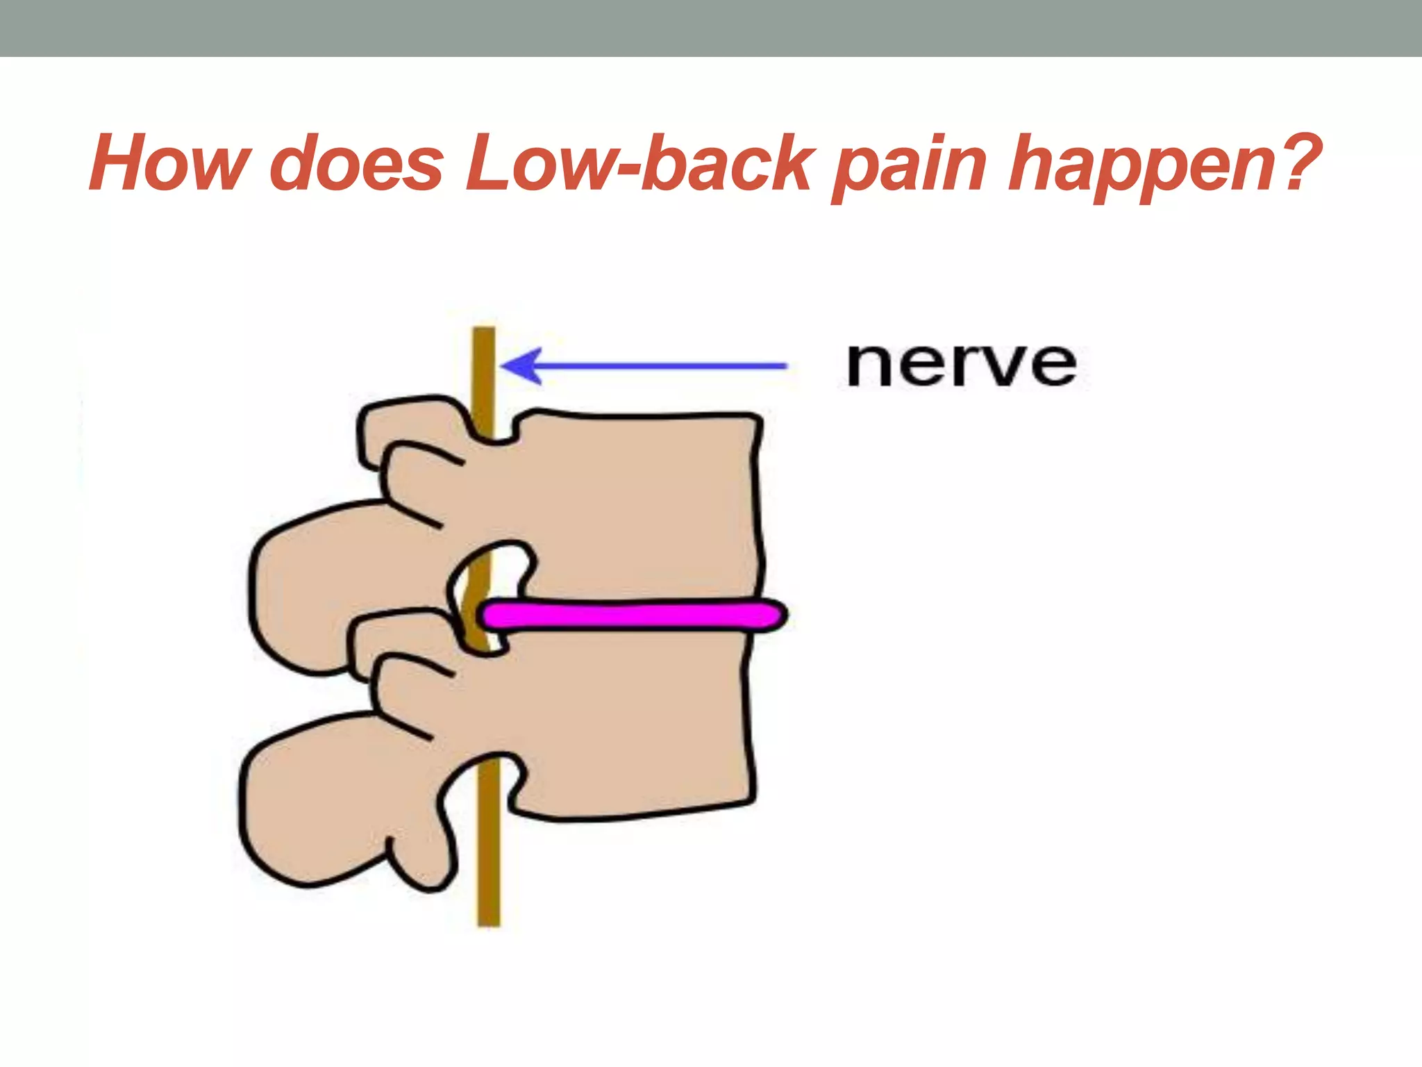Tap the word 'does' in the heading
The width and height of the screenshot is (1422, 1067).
click(356, 164)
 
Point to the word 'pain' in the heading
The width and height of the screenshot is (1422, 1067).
click(909, 167)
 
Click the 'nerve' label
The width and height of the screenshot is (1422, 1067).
click(962, 365)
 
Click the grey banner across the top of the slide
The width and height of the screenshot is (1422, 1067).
click(711, 28)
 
